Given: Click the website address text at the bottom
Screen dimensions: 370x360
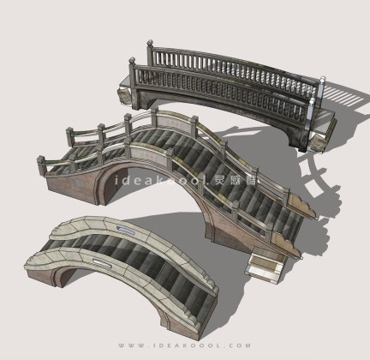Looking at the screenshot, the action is pyautogui.click(x=185, y=345).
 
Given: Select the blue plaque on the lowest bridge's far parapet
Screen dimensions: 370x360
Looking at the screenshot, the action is pyautogui.click(x=125, y=230).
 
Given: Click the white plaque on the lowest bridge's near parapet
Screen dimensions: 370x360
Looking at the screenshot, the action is pyautogui.click(x=102, y=263).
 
